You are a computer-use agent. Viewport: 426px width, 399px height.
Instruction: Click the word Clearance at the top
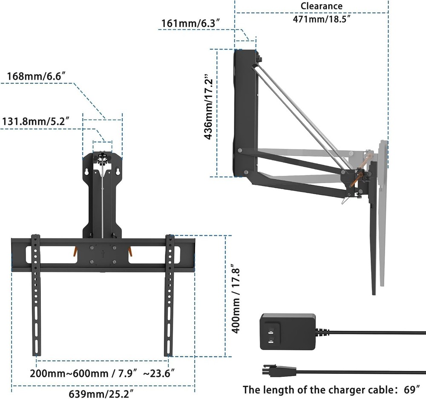[321, 6]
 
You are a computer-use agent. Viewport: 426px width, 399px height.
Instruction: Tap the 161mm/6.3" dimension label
[191, 23]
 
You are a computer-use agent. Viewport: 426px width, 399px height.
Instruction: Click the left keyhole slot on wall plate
[88, 171]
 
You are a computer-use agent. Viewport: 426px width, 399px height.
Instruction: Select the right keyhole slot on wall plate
[117, 171]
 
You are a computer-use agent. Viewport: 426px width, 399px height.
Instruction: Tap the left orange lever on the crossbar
[75, 251]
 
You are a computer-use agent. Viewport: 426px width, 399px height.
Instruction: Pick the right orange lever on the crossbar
[130, 251]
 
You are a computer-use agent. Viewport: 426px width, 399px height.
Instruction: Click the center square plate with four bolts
[102, 255]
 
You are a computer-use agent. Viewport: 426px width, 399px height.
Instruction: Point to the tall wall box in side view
[246, 113]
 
